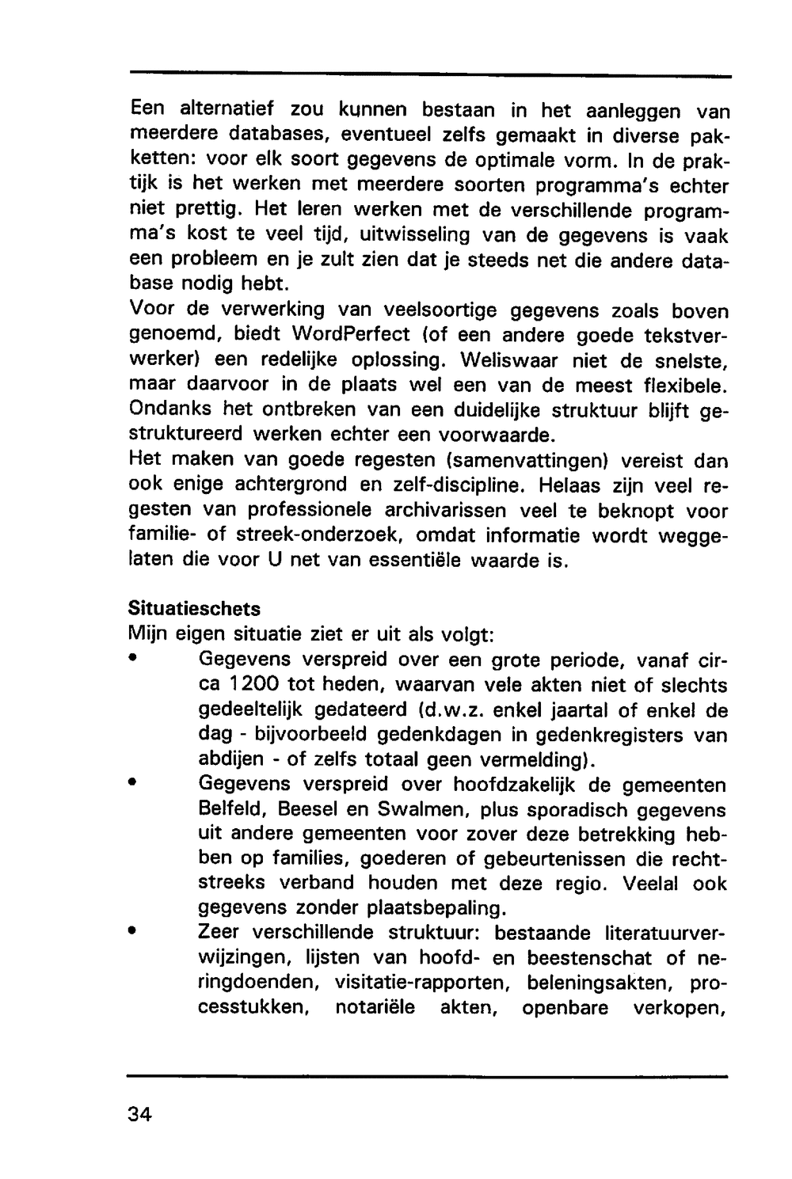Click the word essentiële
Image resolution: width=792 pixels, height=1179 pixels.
pyautogui.click(x=412, y=561)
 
